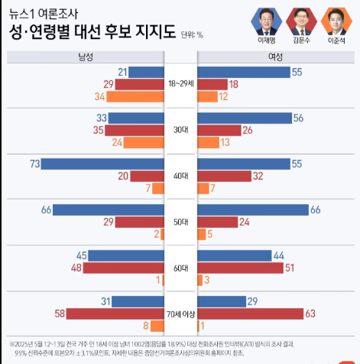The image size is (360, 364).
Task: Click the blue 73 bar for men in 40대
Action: (103, 164)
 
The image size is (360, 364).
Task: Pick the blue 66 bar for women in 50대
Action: (252, 210)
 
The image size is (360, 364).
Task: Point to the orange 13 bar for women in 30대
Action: (207, 142)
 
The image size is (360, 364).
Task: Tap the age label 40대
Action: (181, 176)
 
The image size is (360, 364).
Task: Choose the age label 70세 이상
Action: (181, 314)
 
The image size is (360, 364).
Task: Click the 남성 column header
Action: (86, 58)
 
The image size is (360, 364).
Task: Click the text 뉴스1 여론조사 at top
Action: (44, 13)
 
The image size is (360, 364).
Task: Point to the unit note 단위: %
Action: (192, 34)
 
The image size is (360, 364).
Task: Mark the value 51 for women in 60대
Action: (289, 268)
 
